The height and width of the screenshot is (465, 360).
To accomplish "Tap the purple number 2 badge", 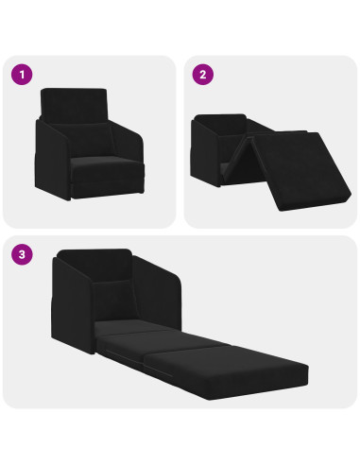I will pyautogui.click(x=200, y=73).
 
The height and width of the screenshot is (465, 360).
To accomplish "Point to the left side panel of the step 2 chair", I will pyautogui.click(x=206, y=151).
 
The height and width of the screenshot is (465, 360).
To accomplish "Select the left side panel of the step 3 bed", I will pyautogui.click(x=68, y=302).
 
